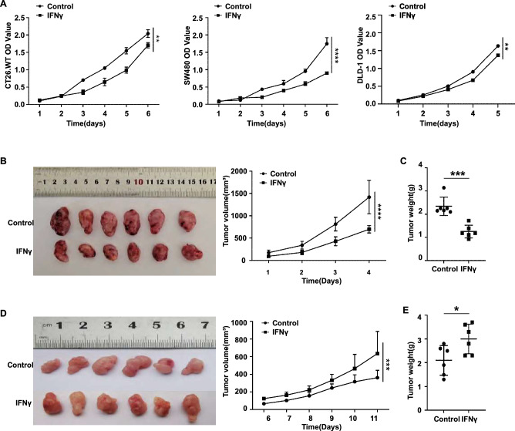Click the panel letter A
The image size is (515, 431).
point(5,5)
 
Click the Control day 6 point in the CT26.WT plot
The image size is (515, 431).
point(146,33)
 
